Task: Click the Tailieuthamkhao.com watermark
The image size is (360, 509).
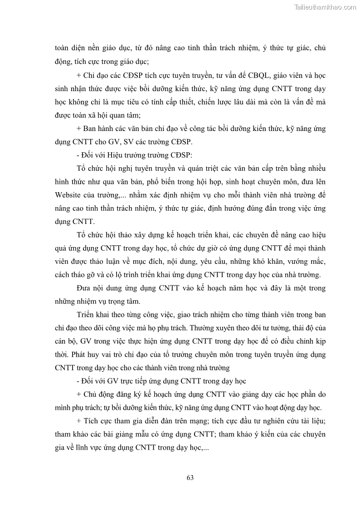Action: click(325, 7)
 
